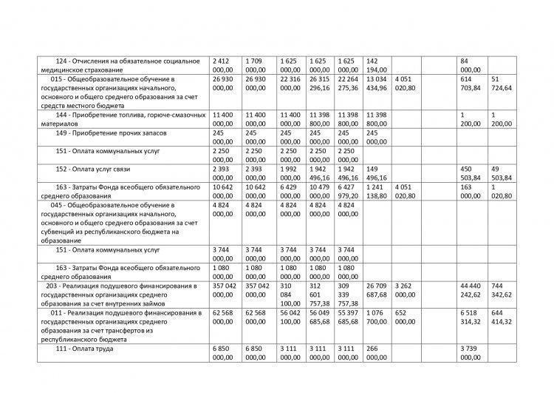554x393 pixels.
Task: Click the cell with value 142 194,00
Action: (x=377, y=64)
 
